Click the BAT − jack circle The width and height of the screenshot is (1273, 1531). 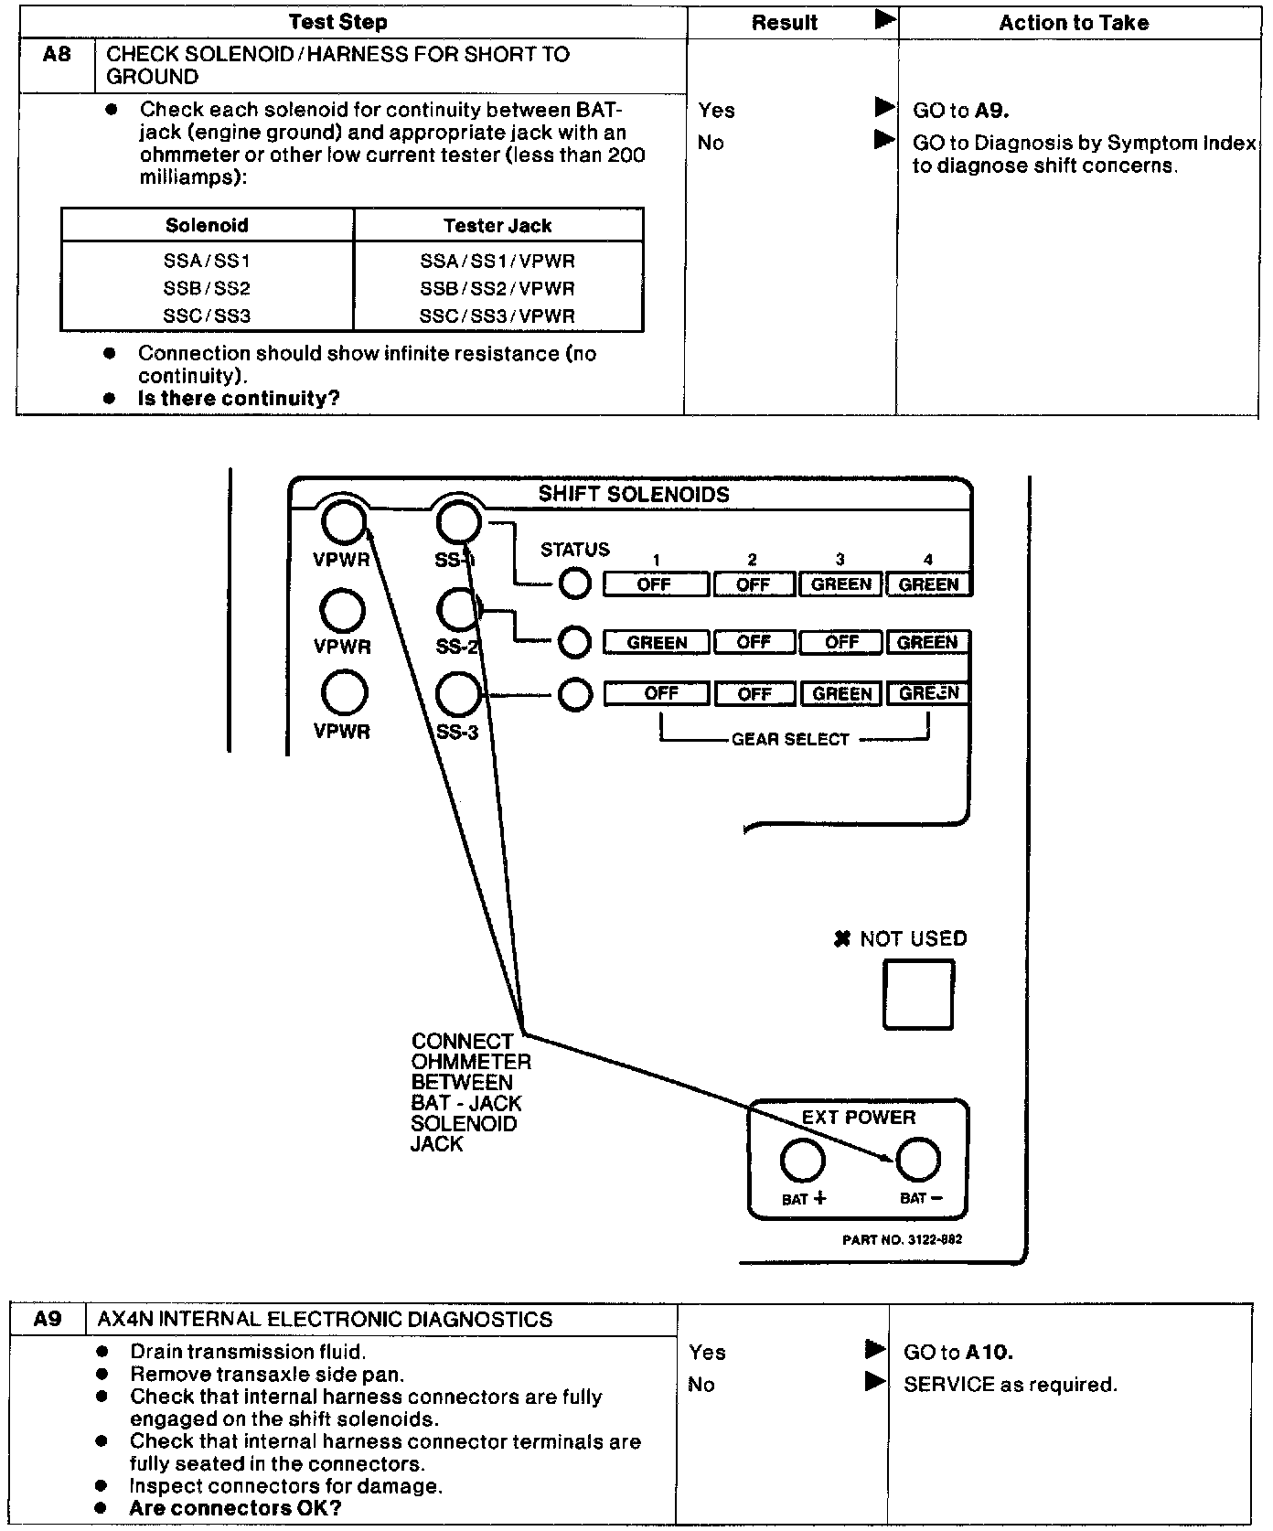point(918,1161)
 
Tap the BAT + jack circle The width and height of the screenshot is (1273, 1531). point(803,1161)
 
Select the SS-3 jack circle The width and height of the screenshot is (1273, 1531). point(458,695)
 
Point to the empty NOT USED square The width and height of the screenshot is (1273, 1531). point(918,994)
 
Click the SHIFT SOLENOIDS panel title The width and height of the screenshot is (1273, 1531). point(634,495)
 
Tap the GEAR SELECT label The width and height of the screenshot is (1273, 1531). point(790,739)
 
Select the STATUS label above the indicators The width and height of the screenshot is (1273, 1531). point(574,550)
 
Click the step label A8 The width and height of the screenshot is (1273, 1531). point(57,55)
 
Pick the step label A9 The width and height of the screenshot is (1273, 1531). point(48,1319)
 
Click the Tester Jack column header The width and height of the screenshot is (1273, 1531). point(497,225)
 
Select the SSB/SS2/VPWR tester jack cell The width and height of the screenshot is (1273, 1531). point(497,288)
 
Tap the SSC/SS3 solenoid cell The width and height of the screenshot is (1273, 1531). point(207,316)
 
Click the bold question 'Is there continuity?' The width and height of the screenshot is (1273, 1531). point(239,399)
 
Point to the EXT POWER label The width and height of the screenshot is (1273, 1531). point(858,1118)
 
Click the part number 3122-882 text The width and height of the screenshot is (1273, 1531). point(902,1239)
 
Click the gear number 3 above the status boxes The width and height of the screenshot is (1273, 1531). point(840,560)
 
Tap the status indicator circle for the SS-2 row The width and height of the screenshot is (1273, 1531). point(574,642)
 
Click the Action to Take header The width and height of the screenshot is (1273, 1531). point(1074,23)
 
